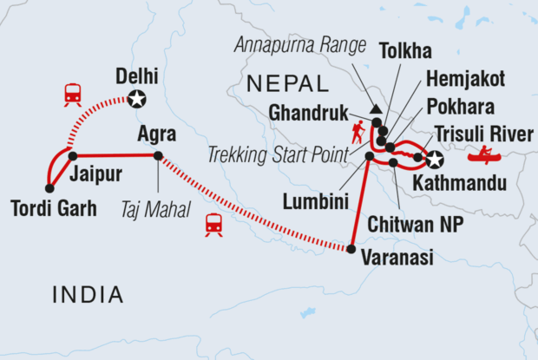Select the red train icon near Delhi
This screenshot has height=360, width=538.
[x=73, y=95]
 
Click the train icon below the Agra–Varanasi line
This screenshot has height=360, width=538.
[x=213, y=225]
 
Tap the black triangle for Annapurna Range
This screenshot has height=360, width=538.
[x=376, y=109]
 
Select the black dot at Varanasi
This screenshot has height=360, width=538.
[x=351, y=249]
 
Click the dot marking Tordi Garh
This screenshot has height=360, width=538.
[x=49, y=187]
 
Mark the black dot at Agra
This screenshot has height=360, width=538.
[x=158, y=156]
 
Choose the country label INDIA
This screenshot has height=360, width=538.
[x=87, y=295]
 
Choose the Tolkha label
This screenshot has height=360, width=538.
[x=408, y=52]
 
